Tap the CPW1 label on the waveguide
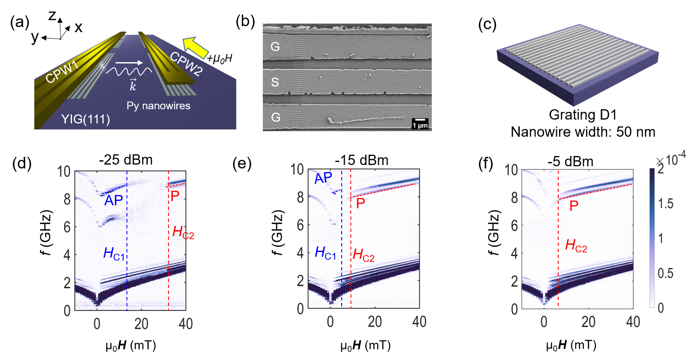(x=62, y=72)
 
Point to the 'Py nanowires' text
(x=158, y=106)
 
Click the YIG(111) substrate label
(x=85, y=119)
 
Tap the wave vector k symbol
(x=133, y=85)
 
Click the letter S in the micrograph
(x=275, y=82)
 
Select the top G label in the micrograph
(x=275, y=46)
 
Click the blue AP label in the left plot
(x=114, y=201)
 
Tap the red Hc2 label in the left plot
(x=183, y=232)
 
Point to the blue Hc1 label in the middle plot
(x=325, y=253)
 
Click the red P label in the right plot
(x=574, y=206)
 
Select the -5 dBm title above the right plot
(x=570, y=162)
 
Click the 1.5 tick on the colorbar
(x=665, y=204)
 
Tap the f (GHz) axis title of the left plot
(x=45, y=232)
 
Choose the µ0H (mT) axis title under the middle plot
(x=365, y=345)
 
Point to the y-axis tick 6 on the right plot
(x=514, y=225)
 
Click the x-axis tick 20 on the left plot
(x=141, y=323)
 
